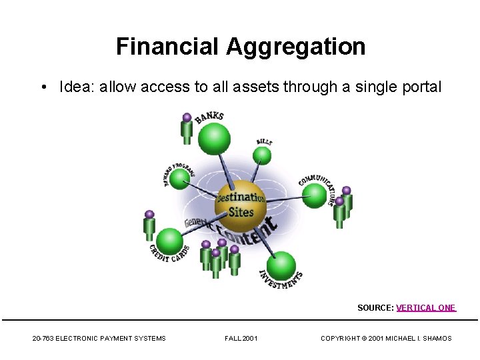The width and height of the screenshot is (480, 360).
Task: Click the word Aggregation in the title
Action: point(295,47)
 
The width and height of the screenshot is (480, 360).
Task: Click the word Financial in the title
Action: point(168,47)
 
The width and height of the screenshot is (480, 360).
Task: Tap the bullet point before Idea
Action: point(43,87)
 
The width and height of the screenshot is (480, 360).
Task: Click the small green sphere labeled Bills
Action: point(263,156)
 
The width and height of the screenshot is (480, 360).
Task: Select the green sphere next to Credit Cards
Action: point(171,241)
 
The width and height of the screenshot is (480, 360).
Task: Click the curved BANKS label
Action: point(209,119)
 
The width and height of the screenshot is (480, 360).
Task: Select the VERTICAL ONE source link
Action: point(426,308)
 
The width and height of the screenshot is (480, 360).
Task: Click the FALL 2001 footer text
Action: point(241,339)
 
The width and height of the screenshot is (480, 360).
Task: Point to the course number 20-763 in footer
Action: point(43,339)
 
